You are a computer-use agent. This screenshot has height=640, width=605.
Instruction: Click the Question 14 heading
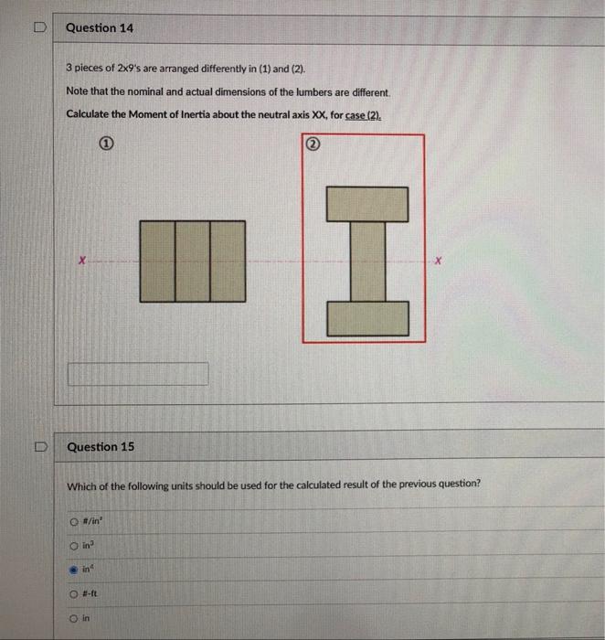pos(100,28)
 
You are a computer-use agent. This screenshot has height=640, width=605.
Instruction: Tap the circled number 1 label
pos(106,144)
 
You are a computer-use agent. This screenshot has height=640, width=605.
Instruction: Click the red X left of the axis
pos(82,261)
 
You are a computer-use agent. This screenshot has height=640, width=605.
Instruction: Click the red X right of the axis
pos(438,261)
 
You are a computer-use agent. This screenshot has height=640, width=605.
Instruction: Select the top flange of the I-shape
pos(366,204)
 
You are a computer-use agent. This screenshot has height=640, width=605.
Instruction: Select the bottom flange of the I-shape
pos(366,318)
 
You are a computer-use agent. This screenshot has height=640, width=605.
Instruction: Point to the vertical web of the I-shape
pos(366,261)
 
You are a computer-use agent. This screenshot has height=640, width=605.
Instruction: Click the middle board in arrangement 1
pos(192,261)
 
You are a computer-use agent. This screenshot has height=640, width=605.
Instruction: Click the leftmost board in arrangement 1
pos(156,261)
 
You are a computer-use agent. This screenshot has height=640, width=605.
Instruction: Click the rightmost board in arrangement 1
pos(228,261)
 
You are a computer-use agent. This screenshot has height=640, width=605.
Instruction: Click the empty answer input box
pos(138,374)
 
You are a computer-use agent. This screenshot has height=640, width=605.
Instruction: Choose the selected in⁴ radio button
pos(73,567)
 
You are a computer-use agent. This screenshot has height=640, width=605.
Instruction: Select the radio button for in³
pos(73,544)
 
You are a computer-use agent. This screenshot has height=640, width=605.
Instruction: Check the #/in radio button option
pos(73,521)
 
